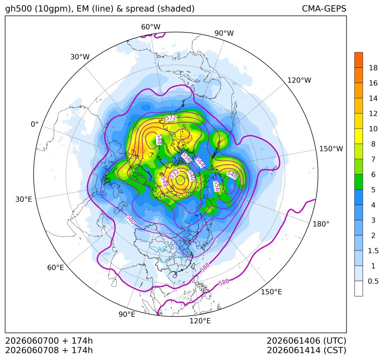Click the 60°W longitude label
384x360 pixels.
coord(150,27)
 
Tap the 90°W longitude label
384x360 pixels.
coord(224,33)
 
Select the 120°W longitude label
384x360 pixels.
coord(299,80)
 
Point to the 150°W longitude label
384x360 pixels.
coord(331,148)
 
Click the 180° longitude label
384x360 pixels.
coord(321,224)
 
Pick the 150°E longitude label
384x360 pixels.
coord(271,292)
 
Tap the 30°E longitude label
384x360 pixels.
coord(24,199)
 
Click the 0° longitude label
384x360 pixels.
coord(34,124)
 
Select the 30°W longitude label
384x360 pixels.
coord(80,57)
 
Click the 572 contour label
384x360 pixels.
coord(171,118)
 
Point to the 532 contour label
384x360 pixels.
coord(174,174)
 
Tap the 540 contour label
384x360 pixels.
coord(191,175)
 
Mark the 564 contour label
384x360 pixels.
coord(200,162)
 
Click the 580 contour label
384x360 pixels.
coord(131,220)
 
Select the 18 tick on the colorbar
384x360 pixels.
coord(373,68)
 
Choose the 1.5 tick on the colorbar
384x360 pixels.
coord(373,251)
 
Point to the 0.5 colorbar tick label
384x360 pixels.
coord(373,281)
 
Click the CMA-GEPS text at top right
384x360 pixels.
coord(324,8)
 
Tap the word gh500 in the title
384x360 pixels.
coord(18,9)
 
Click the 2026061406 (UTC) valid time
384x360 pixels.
coord(306,341)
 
